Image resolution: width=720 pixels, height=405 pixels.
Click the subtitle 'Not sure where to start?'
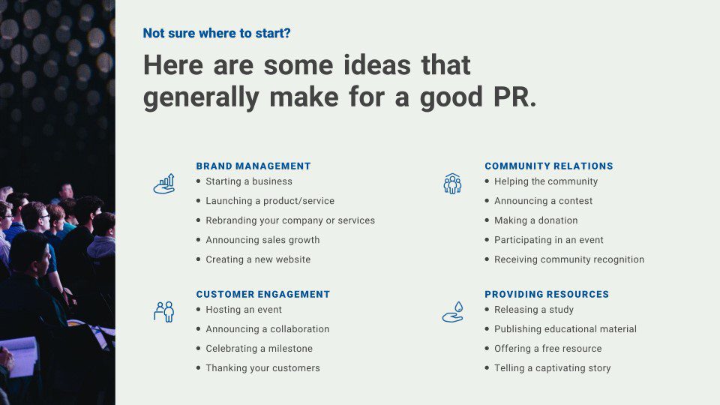(x=217, y=34)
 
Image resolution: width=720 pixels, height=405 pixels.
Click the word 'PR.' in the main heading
(x=514, y=97)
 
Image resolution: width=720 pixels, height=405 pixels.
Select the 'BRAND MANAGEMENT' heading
(x=253, y=166)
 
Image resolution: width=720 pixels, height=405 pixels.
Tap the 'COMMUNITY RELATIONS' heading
(x=549, y=166)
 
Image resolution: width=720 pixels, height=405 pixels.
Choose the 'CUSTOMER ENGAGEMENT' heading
(x=263, y=294)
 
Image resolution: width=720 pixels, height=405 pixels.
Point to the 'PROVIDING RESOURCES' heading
(x=547, y=294)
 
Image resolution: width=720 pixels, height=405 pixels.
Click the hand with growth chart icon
(x=164, y=184)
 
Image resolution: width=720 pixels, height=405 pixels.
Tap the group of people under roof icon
(x=452, y=184)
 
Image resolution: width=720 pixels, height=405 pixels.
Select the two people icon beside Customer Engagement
(x=164, y=312)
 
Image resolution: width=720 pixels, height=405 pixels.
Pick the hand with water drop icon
(x=453, y=312)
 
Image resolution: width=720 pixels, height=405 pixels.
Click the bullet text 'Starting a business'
(x=249, y=181)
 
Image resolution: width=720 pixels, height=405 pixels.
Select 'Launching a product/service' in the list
(x=270, y=201)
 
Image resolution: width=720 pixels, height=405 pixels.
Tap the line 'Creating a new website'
(x=258, y=259)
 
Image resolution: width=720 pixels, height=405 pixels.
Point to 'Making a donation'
(x=535, y=220)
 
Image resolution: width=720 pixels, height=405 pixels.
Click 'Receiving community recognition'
(x=569, y=259)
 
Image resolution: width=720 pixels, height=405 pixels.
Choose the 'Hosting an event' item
(x=244, y=310)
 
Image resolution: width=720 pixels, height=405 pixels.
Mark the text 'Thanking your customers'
(x=262, y=368)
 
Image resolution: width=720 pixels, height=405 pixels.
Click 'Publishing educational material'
(x=565, y=329)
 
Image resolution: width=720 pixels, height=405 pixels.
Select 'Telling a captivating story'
(x=553, y=368)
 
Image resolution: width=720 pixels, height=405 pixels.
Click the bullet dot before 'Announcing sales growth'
(x=198, y=240)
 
